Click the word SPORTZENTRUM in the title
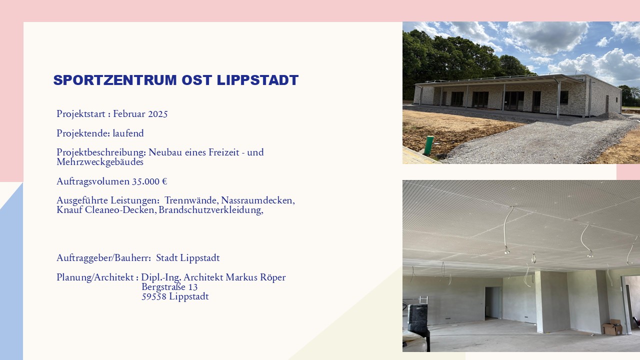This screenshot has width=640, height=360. coord(115,80)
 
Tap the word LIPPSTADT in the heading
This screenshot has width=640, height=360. coord(257,80)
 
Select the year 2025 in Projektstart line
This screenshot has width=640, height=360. coord(158,114)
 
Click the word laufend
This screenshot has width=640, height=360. coord(128,133)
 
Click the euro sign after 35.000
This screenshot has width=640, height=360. coord(164,181)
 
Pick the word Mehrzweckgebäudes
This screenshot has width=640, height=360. coord(100,162)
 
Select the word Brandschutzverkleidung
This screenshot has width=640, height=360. coord(211,210)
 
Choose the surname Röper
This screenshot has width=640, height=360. coord(273,277)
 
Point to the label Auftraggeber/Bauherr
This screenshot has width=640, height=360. coord(103,258)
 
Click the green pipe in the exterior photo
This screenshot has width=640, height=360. coord(428,145)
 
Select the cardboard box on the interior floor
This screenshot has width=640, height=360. coord(612,327)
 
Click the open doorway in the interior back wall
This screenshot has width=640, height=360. coord(493,303)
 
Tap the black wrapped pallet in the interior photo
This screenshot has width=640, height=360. coord(418,318)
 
